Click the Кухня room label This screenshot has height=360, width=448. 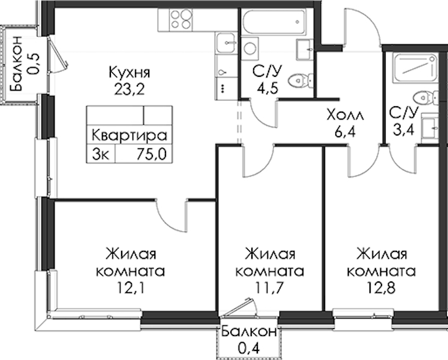(129, 73)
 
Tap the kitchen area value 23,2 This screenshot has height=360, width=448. (130, 90)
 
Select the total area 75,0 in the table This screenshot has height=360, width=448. (151, 155)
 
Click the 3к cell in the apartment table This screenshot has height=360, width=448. (100, 155)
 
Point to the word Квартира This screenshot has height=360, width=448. (129, 135)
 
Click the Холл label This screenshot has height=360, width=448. (345, 116)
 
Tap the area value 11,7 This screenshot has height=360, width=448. (269, 288)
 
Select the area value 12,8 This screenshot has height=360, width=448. (381, 288)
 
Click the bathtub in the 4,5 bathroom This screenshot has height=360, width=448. (273, 22)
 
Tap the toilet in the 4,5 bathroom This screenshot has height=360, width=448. (300, 80)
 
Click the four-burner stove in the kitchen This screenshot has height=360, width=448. (181, 19)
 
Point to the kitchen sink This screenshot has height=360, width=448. (226, 43)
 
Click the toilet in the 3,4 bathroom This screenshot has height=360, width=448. (426, 98)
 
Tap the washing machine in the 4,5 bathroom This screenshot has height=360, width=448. (249, 48)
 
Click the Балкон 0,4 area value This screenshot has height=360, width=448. (248, 349)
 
